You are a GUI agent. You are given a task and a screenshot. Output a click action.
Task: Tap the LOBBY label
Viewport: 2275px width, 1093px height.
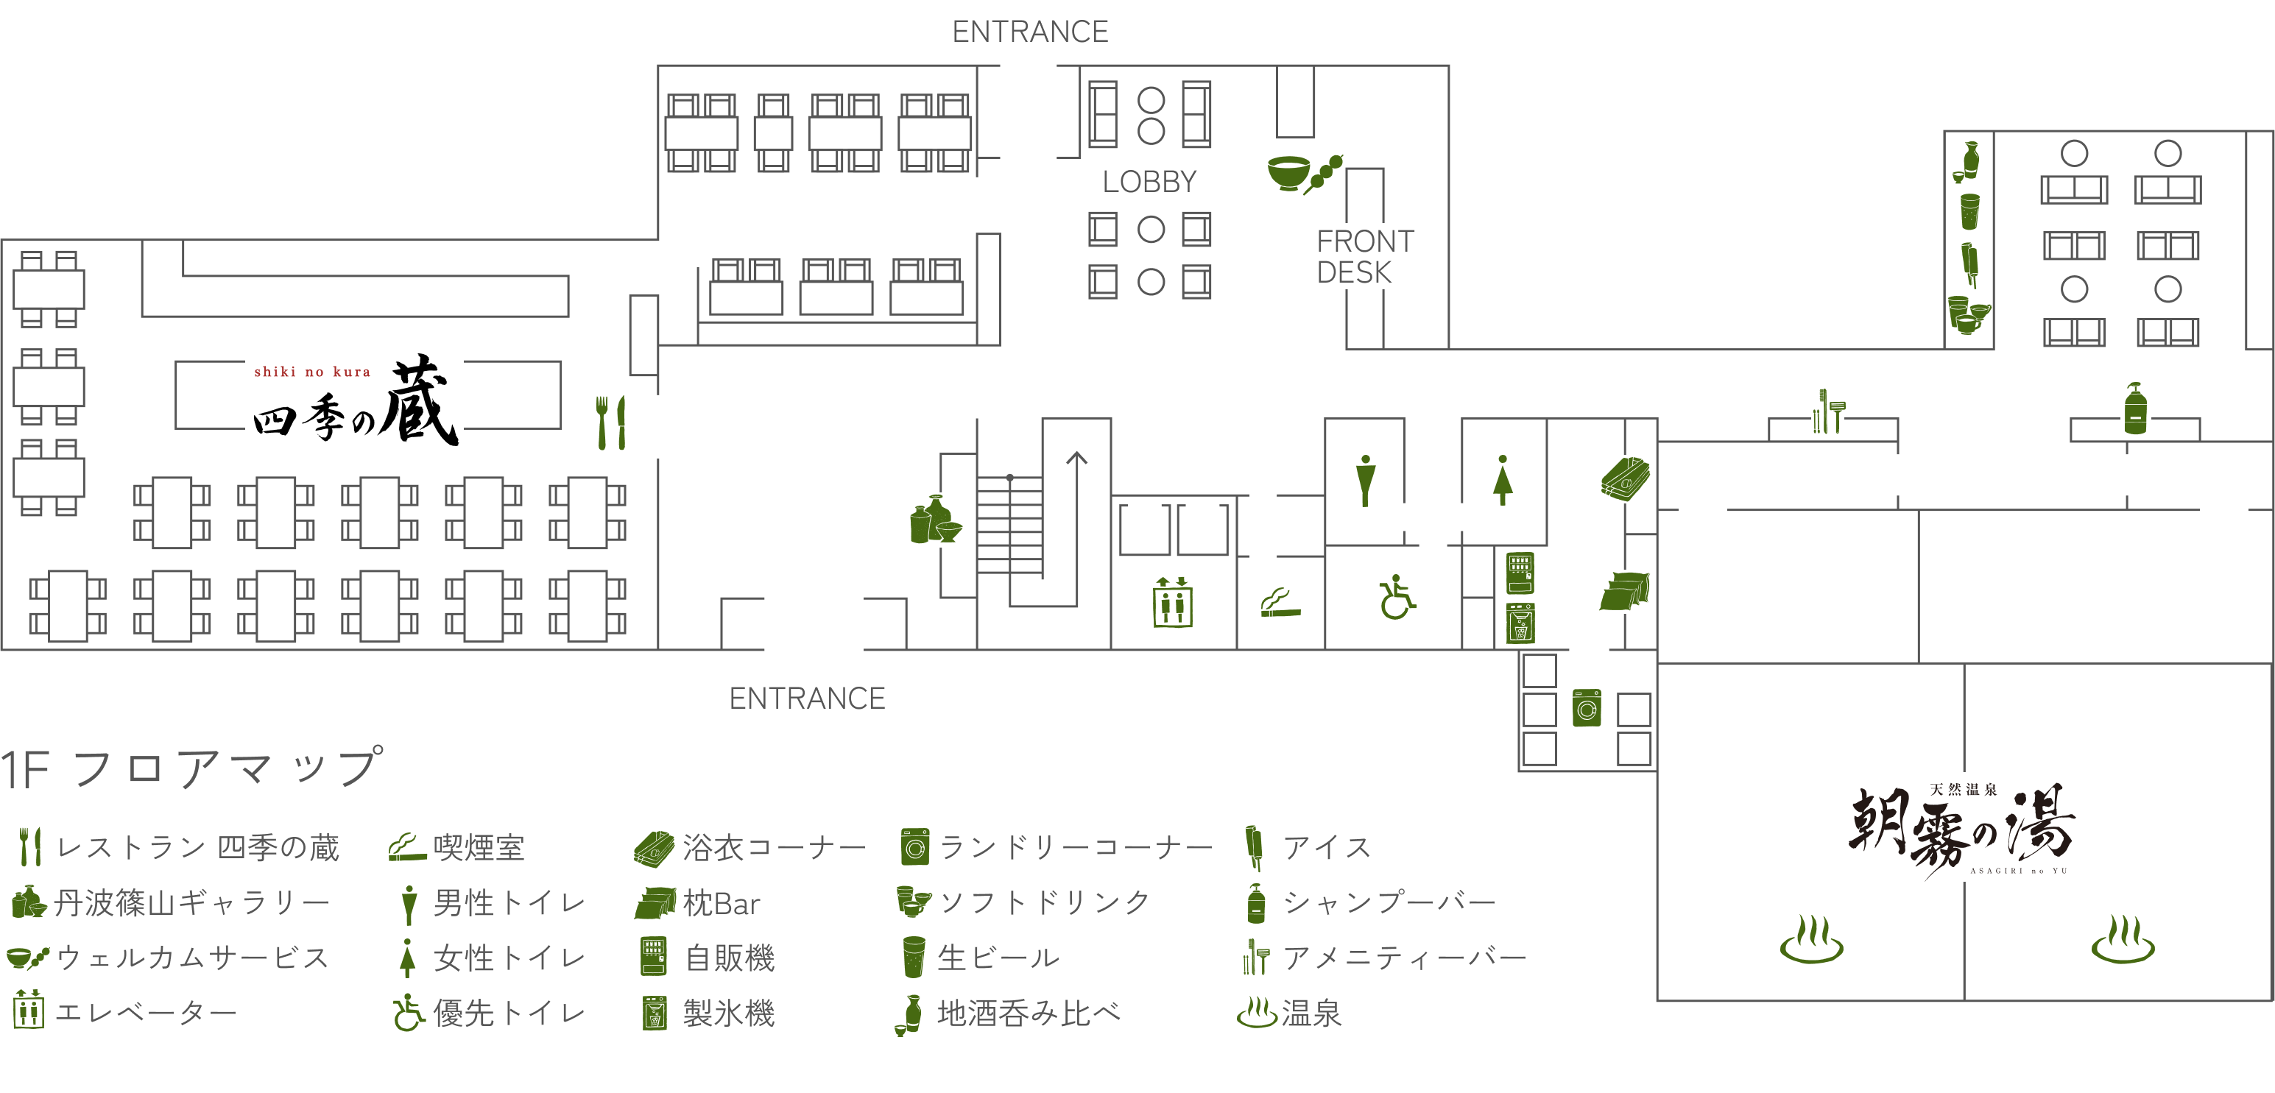pos(1149,182)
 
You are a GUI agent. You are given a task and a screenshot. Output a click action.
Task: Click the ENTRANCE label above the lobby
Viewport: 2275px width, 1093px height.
pos(1030,32)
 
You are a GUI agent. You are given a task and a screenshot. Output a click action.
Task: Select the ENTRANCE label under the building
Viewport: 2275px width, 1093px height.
pos(806,698)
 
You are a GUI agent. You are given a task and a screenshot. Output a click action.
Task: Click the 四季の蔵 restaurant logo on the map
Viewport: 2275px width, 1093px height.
pos(354,400)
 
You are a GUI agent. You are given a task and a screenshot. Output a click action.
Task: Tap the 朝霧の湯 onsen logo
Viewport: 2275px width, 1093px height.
pos(1961,827)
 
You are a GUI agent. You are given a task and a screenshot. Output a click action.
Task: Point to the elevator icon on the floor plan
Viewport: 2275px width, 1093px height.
pos(1173,602)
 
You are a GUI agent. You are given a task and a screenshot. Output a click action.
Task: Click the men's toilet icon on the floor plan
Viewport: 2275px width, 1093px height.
pos(1365,481)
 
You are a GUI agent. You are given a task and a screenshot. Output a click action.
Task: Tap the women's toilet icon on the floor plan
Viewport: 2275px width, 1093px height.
pos(1502,481)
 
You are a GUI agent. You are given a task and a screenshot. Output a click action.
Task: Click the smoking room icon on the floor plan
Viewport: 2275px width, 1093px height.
pos(1280,602)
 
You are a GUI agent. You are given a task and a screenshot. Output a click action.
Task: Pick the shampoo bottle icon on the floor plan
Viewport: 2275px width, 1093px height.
pos(2135,408)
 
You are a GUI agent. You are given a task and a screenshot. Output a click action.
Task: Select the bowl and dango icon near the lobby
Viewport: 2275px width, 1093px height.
pos(1305,172)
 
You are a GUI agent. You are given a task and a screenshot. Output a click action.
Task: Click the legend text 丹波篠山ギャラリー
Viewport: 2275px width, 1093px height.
pos(191,902)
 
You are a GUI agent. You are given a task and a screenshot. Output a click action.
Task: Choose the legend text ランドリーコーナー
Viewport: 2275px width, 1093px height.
pos(1075,848)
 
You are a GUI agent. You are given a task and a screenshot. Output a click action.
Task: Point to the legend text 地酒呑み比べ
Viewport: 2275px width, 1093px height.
pos(1028,1013)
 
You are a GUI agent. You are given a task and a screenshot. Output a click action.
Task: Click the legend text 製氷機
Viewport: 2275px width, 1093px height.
pos(729,1013)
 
